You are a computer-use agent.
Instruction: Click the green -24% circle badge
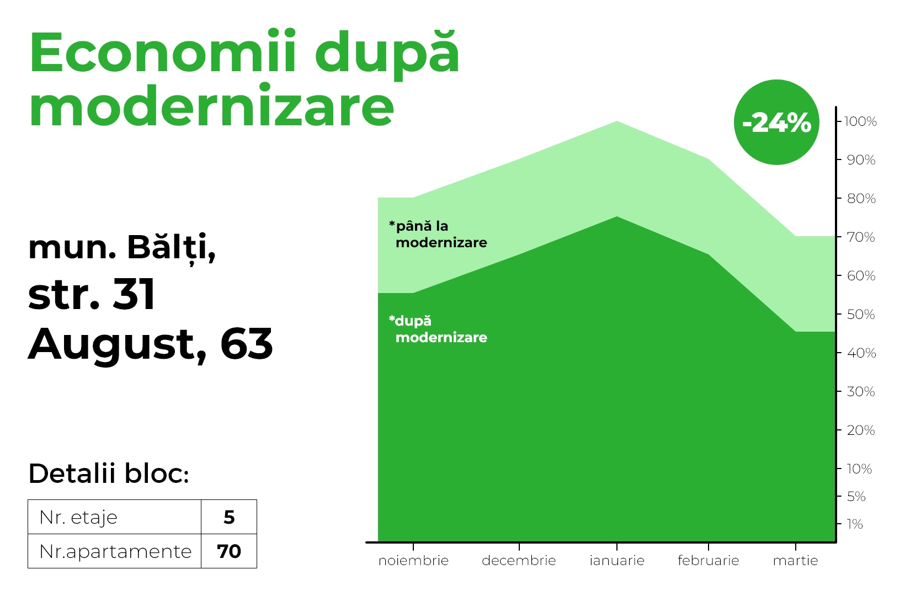pos(776,122)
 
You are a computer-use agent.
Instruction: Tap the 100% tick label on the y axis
pos(860,121)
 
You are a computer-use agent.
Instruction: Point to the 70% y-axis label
pos(861,237)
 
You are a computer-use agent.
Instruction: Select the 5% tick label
pos(856,496)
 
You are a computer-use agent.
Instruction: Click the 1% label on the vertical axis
pos(854,524)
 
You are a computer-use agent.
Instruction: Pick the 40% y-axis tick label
pos(861,353)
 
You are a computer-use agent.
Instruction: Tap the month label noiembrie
pos(413,561)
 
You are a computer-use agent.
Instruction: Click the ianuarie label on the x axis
pos(617,561)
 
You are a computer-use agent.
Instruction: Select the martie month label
pos(795,561)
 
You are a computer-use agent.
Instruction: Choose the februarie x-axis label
pos(708,561)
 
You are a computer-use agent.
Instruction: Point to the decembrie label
pos(519,561)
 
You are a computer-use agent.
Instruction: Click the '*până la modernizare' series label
pos(438,235)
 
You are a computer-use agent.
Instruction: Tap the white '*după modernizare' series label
pos(438,329)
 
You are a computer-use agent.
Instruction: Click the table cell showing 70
pos(228,551)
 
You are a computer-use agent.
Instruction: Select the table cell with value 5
pos(228,517)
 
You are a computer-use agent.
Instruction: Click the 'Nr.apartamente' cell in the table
pos(114,551)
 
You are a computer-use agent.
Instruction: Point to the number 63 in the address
pos(247,344)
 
